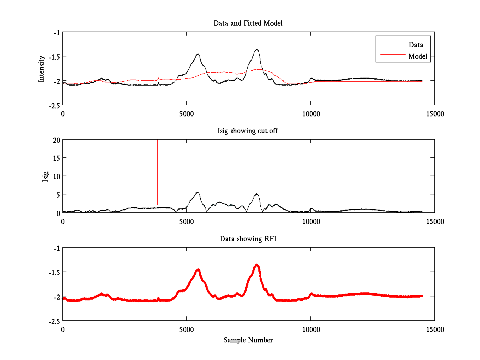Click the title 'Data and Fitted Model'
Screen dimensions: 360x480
pyautogui.click(x=248, y=23)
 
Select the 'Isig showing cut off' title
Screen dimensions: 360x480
pyautogui.click(x=248, y=131)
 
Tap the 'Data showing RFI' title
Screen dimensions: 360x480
pyautogui.click(x=248, y=239)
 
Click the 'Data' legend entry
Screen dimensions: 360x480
pyautogui.click(x=416, y=45)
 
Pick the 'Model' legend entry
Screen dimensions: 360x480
pyautogui.click(x=418, y=56)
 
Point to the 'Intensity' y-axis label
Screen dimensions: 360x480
pyautogui.click(x=41, y=69)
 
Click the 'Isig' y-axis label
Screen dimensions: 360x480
pyautogui.click(x=45, y=176)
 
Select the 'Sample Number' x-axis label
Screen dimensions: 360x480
pyautogui.click(x=248, y=340)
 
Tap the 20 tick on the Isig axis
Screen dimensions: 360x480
pyautogui.click(x=56, y=140)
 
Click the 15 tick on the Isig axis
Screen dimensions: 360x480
pyautogui.click(x=56, y=158)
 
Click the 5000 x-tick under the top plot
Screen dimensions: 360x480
pyautogui.click(x=186, y=114)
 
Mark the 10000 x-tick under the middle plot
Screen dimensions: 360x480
pyautogui.click(x=311, y=222)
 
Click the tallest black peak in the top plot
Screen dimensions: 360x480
pyautogui.click(x=256, y=50)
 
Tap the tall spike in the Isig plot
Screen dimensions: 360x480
pyautogui.click(x=158, y=160)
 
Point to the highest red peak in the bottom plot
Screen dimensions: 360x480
pyautogui.click(x=256, y=265)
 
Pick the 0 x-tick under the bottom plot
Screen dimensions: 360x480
pyautogui.click(x=63, y=329)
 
